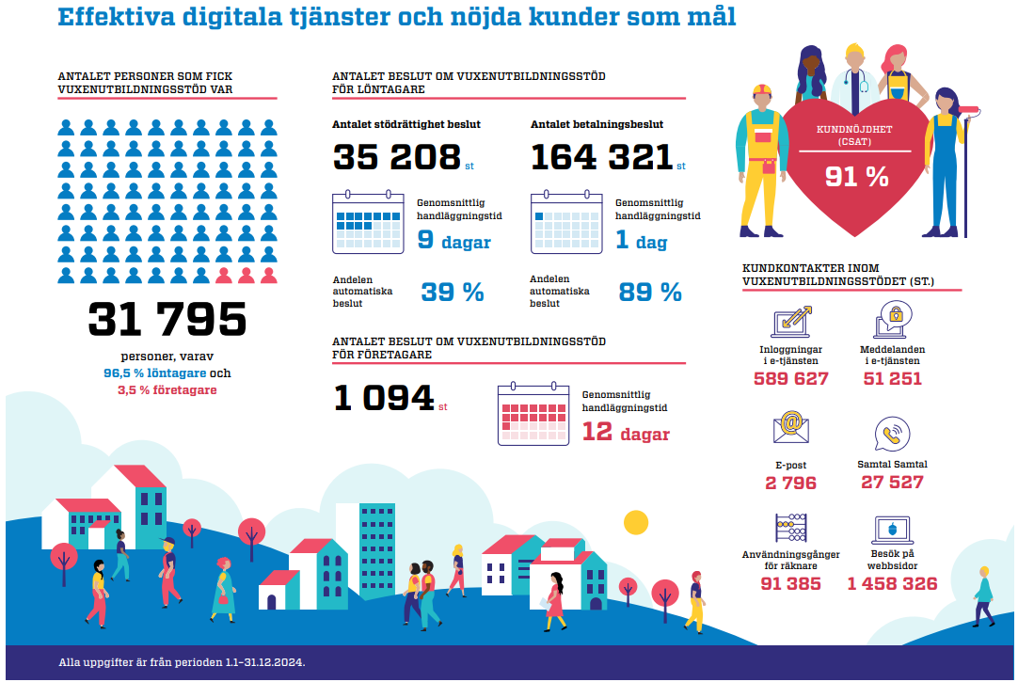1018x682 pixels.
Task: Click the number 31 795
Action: pyautogui.click(x=167, y=320)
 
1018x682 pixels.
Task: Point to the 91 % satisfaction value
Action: pyautogui.click(x=856, y=176)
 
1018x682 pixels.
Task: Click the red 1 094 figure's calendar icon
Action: pyautogui.click(x=533, y=414)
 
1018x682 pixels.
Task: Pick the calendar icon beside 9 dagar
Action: pyautogui.click(x=367, y=222)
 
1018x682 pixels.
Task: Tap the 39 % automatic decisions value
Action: pyautogui.click(x=452, y=292)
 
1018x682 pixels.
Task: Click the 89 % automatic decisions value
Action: pyautogui.click(x=650, y=292)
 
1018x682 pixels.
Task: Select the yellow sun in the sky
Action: pyautogui.click(x=637, y=522)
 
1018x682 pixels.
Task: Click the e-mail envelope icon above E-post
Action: pyautogui.click(x=791, y=428)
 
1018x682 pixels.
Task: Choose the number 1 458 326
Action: pyautogui.click(x=892, y=584)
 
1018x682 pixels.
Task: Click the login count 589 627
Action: pyautogui.click(x=790, y=379)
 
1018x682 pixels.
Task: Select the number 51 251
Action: pyautogui.click(x=892, y=379)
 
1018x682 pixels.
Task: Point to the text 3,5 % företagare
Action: pyautogui.click(x=167, y=389)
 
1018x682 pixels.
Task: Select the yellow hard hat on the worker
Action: pyautogui.click(x=762, y=89)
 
